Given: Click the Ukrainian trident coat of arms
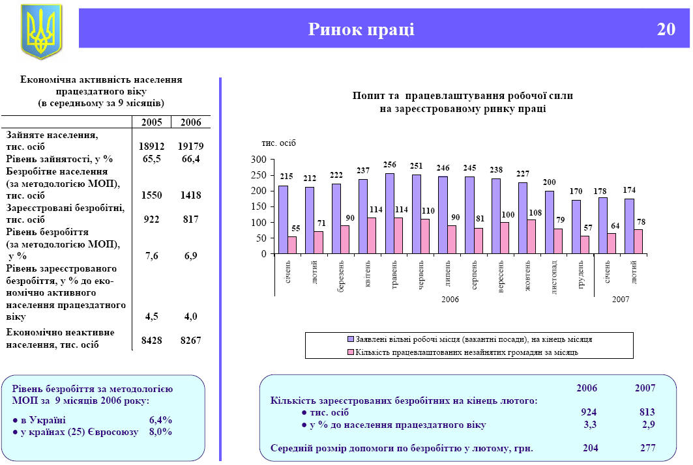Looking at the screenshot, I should click(x=41, y=30).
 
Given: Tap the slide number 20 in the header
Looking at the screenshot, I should click(x=666, y=29).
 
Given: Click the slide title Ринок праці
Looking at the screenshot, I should click(x=361, y=29).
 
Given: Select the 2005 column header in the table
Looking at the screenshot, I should click(x=151, y=122).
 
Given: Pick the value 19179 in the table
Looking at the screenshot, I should click(x=190, y=147).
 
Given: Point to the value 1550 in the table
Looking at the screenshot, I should click(x=151, y=195).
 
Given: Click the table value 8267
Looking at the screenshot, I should click(x=190, y=339).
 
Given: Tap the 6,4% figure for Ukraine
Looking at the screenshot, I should click(x=160, y=420).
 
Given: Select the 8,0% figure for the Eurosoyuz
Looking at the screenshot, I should click(x=160, y=432).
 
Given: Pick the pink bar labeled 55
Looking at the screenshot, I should click(x=292, y=245).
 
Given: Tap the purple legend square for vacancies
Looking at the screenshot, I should click(x=351, y=339).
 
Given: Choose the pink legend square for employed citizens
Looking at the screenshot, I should click(x=351, y=352).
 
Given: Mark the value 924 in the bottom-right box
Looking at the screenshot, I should click(x=589, y=412).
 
